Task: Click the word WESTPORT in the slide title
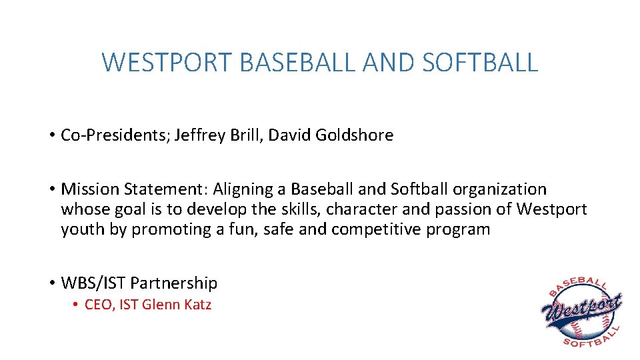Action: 167,63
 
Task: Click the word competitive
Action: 379,230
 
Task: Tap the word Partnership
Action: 174,283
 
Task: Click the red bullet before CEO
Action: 76,305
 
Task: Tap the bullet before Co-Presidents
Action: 51,135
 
